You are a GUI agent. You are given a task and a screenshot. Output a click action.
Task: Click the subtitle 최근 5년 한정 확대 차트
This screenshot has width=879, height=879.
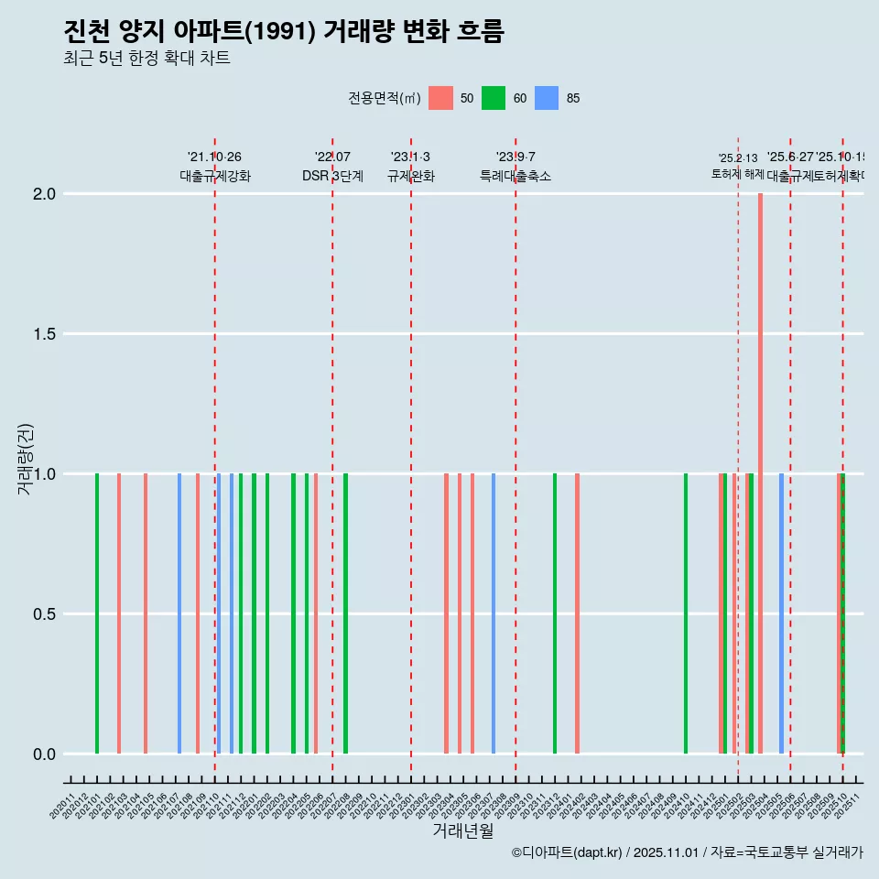click(146, 59)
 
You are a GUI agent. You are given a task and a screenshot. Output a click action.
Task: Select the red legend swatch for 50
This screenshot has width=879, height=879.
click(440, 98)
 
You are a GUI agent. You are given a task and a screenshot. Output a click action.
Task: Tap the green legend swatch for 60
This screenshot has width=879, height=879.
click(494, 98)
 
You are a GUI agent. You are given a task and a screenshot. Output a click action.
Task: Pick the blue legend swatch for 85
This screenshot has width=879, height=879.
click(547, 98)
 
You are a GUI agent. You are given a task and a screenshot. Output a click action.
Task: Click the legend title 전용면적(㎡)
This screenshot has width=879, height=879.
click(384, 98)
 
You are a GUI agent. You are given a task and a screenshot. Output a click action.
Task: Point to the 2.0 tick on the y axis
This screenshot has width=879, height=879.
click(45, 194)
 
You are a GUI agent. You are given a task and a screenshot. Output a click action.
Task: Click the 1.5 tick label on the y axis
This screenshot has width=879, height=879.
click(45, 334)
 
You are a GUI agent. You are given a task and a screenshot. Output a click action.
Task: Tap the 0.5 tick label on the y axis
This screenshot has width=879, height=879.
click(45, 614)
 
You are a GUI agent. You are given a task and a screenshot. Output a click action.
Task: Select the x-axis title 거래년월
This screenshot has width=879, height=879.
click(462, 831)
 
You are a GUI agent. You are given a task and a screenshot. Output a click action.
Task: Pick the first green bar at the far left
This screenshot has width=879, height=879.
click(97, 613)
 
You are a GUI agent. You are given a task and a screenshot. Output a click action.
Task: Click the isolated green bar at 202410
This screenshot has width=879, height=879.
click(686, 613)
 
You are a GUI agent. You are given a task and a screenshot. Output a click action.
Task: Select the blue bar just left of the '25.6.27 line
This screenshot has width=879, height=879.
click(781, 613)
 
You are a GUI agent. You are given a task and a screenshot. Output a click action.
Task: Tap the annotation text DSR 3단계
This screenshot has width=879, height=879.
click(332, 177)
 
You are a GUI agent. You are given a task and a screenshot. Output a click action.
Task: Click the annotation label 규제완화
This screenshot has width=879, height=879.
click(410, 177)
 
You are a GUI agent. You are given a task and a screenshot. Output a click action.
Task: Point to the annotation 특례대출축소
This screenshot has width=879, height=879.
click(515, 177)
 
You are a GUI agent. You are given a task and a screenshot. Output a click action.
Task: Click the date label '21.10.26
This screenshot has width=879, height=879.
click(214, 157)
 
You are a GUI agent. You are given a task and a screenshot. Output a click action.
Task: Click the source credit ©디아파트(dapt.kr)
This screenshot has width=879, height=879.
click(568, 852)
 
